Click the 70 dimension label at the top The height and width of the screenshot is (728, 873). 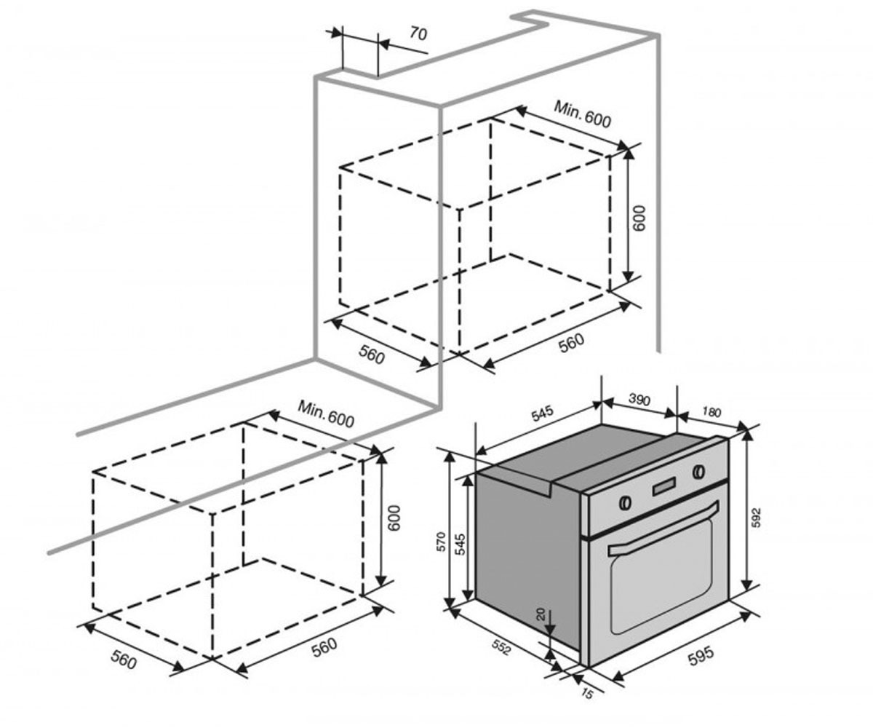(x=418, y=33)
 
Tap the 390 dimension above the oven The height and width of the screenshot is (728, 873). (x=639, y=400)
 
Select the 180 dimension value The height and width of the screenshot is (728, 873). (x=711, y=412)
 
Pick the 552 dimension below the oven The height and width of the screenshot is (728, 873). (x=501, y=648)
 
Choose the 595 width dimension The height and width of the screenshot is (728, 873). (x=701, y=654)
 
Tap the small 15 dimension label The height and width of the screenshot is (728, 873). (x=586, y=694)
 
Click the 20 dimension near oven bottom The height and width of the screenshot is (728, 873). (x=541, y=614)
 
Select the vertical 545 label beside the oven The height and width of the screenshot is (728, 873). (x=460, y=544)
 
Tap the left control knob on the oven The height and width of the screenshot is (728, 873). (x=625, y=502)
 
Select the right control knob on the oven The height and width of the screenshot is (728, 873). (x=698, y=472)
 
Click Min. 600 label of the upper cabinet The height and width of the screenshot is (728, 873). (x=582, y=114)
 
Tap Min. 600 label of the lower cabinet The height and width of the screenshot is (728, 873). (x=326, y=414)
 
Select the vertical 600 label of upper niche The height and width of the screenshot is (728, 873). (x=639, y=218)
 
